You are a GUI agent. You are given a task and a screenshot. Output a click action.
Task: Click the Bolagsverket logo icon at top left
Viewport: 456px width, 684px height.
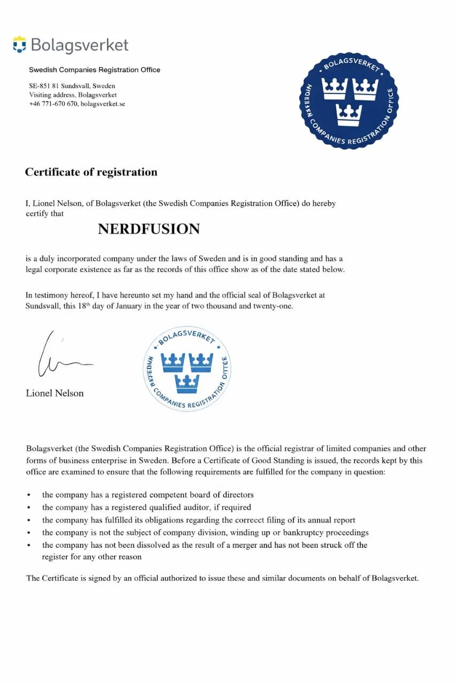(x=19, y=44)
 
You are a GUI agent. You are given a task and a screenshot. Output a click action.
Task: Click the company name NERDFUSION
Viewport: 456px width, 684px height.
(x=149, y=229)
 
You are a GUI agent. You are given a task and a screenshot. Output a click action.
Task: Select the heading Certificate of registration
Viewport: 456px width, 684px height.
(x=91, y=172)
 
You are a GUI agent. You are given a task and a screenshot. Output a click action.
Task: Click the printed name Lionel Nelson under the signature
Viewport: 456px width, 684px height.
(x=55, y=393)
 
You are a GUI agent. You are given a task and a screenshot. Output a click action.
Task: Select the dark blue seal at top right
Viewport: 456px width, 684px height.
(x=350, y=101)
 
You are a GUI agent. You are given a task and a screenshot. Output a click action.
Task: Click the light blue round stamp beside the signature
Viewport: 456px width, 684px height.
(x=188, y=368)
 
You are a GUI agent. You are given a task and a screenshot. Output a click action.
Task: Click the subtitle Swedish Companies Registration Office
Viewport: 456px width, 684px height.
(x=95, y=70)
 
